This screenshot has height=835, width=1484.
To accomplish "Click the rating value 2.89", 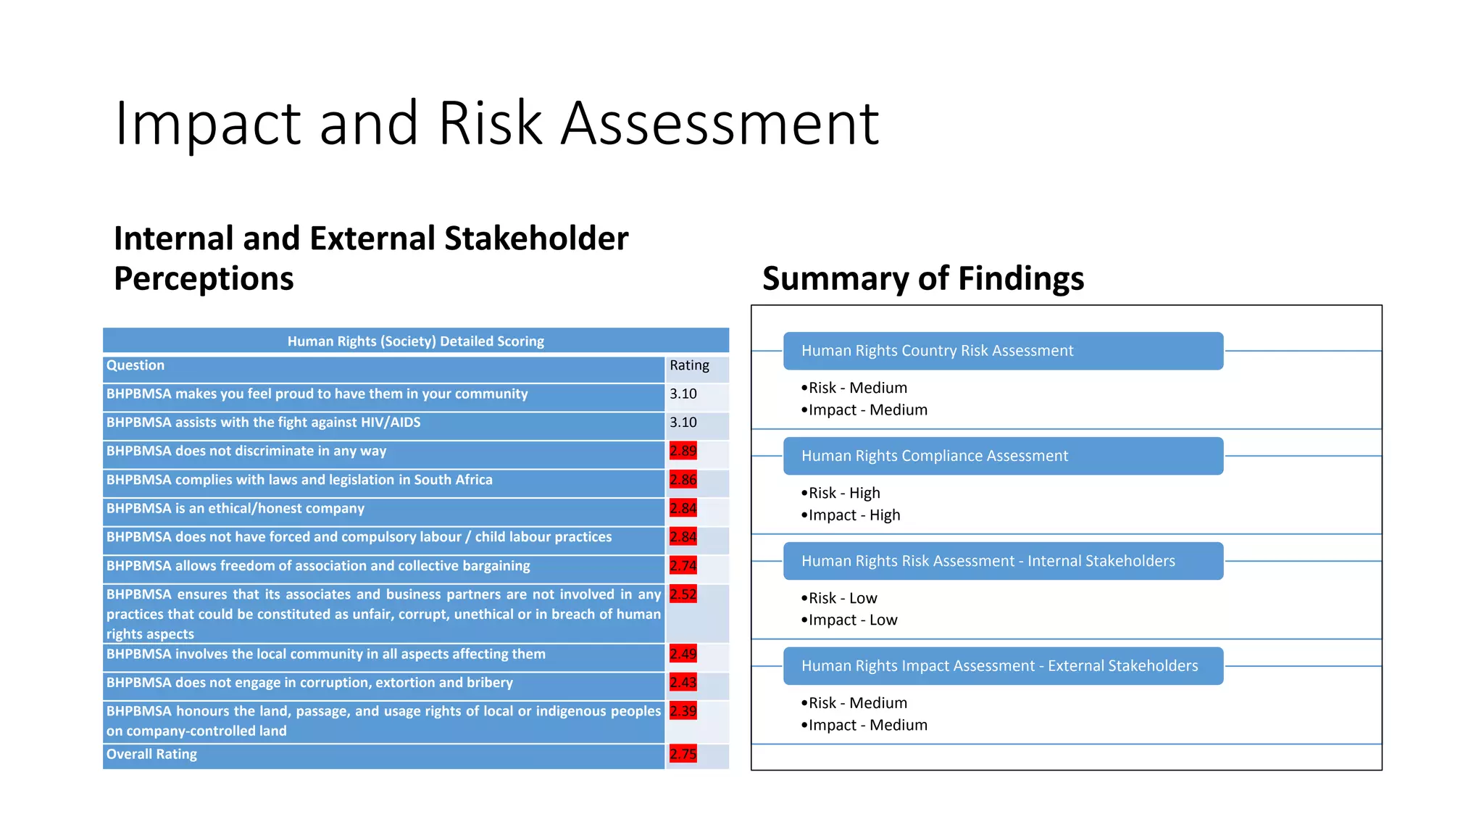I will click(x=683, y=451).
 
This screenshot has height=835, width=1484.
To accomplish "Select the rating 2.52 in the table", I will click(x=683, y=594).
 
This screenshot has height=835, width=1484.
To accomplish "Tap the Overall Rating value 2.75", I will click(x=683, y=754).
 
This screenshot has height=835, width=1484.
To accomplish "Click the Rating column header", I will click(x=689, y=365).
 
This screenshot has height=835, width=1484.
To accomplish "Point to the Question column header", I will click(x=136, y=365).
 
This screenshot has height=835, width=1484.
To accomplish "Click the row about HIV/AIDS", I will click(x=263, y=423).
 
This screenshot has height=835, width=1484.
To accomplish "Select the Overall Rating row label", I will click(x=151, y=754).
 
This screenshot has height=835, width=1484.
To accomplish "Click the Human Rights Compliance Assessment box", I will click(x=1003, y=456).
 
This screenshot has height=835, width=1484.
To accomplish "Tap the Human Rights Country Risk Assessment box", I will click(x=1003, y=351).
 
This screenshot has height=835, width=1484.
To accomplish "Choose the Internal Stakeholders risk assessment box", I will click(x=1003, y=561).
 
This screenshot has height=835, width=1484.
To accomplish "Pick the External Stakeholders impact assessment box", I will click(x=1003, y=666).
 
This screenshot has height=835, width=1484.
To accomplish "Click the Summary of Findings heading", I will click(x=922, y=278).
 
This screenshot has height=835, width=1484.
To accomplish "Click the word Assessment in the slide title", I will click(x=720, y=123).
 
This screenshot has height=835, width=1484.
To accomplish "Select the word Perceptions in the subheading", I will click(x=204, y=278).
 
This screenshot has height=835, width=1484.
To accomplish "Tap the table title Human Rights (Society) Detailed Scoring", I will click(x=415, y=341).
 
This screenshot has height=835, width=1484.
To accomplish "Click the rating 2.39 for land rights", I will click(x=683, y=711).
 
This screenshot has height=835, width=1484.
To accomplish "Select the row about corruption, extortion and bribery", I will click(x=309, y=683).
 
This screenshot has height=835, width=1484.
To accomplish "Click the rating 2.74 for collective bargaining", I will click(x=683, y=566).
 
